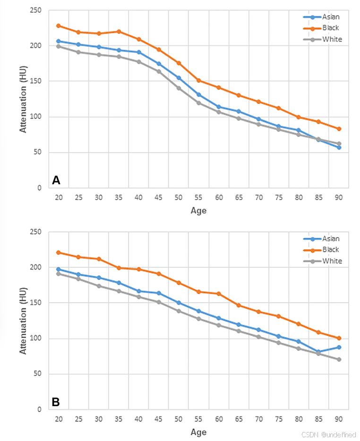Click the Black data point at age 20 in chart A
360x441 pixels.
click(x=59, y=25)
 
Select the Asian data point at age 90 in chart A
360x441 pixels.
click(x=339, y=147)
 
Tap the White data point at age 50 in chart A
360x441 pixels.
click(x=179, y=88)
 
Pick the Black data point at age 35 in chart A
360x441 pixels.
click(x=119, y=32)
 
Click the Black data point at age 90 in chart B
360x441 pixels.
click(x=339, y=338)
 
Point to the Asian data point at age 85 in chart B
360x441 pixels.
click(x=319, y=352)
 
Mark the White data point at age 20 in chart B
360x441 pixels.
click(x=59, y=274)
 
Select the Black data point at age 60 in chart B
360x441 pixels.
click(x=219, y=294)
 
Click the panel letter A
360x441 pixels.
click(x=56, y=180)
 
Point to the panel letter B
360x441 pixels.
click(x=56, y=402)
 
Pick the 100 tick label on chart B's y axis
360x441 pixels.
click(x=36, y=339)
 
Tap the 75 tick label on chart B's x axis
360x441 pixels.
click(x=279, y=419)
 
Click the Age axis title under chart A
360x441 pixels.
click(x=198, y=211)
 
